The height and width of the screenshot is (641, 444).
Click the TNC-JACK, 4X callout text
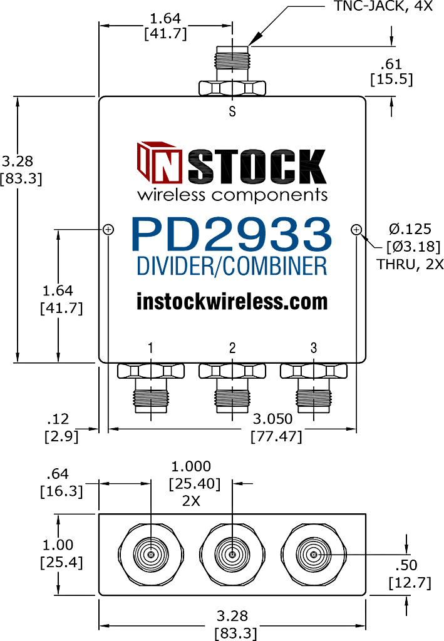[x=383, y=6]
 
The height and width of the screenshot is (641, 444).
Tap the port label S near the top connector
[x=232, y=111]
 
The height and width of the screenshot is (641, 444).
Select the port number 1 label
[x=150, y=348]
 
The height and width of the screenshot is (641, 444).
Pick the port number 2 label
[x=232, y=348]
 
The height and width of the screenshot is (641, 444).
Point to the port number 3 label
[x=314, y=348]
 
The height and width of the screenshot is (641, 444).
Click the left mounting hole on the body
[x=108, y=229]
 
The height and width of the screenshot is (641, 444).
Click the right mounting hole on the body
[x=356, y=229]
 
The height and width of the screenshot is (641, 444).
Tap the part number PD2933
[x=232, y=235]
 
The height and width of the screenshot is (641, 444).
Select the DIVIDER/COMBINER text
[x=232, y=266]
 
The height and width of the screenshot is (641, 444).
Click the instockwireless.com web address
[x=232, y=302]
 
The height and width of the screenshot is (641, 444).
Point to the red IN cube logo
[x=160, y=162]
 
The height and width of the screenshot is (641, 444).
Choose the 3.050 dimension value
[x=272, y=419]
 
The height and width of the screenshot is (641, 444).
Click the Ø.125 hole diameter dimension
[x=410, y=229]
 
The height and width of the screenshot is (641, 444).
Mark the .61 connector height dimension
[x=391, y=64]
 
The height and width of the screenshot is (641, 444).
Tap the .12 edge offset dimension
[x=58, y=419]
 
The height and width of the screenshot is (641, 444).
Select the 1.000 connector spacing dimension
[x=191, y=466]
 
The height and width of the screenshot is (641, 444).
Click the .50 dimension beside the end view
[x=406, y=565]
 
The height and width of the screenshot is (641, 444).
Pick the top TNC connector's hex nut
[x=232, y=88]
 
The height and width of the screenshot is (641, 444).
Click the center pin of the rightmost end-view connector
[x=314, y=555]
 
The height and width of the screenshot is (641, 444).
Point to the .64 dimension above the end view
[x=58, y=474]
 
